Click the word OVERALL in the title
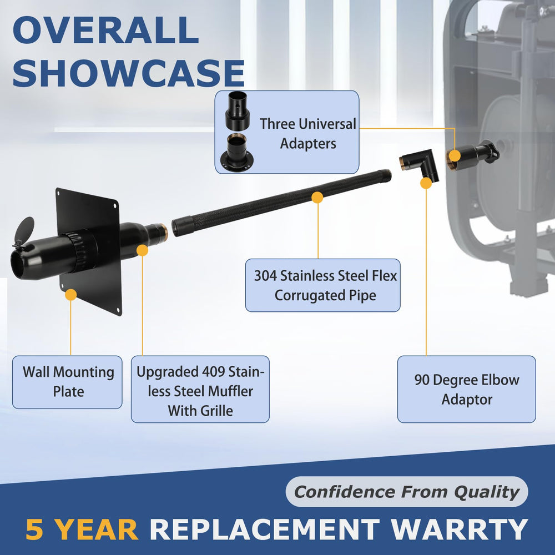[x=105, y=30]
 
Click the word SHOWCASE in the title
[x=129, y=73]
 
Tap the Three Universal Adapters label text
[x=308, y=133]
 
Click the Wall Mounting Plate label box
[x=67, y=382]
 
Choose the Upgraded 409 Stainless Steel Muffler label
[x=200, y=390]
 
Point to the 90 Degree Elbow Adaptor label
[x=467, y=390]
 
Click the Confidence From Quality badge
[x=407, y=492]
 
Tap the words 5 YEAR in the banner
[x=82, y=529]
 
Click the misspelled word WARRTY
[x=460, y=529]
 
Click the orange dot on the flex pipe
[x=317, y=198]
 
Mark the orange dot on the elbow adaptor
[x=426, y=183]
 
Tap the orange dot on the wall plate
[x=71, y=295]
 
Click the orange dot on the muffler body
[x=142, y=250]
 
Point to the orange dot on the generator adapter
[x=454, y=155]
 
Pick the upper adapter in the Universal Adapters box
[x=238, y=110]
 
